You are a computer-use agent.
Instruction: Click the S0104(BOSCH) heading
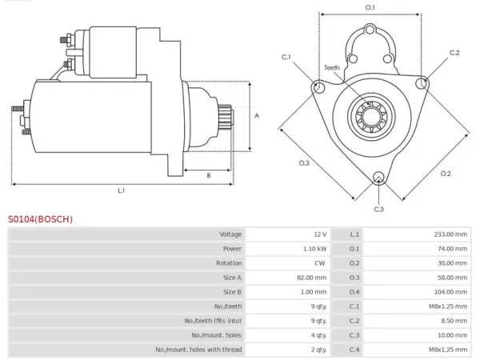[x=41, y=219]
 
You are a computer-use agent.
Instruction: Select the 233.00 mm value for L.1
[x=450, y=234]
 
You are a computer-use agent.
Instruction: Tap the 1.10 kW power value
[x=314, y=249]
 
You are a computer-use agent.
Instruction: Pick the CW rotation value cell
[x=319, y=263]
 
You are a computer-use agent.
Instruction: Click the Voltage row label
[x=230, y=234]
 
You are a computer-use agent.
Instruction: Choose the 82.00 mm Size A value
[x=312, y=278]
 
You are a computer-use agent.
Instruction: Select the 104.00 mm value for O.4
[x=450, y=292]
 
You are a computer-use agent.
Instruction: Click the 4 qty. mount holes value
[x=318, y=335]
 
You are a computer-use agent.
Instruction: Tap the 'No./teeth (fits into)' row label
[x=213, y=321]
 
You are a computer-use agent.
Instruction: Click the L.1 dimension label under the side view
[x=122, y=190]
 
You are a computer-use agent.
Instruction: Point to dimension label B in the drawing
[x=209, y=176]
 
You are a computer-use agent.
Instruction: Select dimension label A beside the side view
[x=257, y=116]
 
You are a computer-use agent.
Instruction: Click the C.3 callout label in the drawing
[x=378, y=210]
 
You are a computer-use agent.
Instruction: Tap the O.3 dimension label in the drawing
[x=304, y=163]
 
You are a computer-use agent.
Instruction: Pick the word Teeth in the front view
[x=332, y=68]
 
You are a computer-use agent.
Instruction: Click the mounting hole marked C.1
[x=319, y=87]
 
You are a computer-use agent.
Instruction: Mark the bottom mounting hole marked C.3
[x=378, y=178]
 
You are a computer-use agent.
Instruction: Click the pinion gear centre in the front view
[x=371, y=117]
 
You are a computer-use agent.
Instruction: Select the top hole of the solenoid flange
[x=370, y=30]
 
